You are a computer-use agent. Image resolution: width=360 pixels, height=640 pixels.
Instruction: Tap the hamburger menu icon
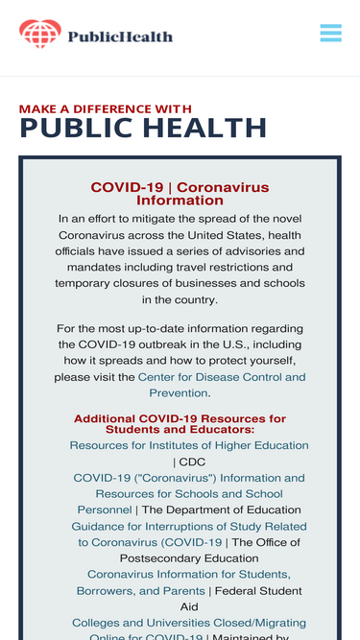tap(330, 33)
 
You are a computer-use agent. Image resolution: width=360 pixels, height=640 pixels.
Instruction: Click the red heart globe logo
tap(40, 34)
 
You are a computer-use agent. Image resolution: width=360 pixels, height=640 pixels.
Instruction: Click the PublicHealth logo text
tap(120, 36)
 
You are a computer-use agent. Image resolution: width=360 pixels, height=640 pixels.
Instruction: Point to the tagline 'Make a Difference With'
tap(105, 109)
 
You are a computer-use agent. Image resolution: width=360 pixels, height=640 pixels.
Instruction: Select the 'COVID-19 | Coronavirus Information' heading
tap(180, 194)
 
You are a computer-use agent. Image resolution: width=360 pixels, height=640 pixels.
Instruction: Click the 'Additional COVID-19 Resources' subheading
tap(180, 424)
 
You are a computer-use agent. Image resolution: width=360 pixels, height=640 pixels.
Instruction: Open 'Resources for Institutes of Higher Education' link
tap(189, 445)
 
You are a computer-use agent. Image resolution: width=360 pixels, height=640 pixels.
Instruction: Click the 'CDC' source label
tap(192, 462)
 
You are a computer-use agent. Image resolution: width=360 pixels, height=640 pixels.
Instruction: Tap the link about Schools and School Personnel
tap(189, 494)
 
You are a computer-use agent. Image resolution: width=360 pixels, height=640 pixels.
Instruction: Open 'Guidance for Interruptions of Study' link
tap(189, 534)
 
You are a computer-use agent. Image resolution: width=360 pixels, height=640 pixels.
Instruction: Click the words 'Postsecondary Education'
tap(189, 558)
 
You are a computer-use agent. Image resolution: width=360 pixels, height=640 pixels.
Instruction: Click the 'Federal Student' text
tap(258, 591)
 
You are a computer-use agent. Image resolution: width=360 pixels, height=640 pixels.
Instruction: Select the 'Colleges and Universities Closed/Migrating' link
tap(189, 623)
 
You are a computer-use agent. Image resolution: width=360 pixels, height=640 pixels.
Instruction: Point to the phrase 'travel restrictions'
tap(234, 268)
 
